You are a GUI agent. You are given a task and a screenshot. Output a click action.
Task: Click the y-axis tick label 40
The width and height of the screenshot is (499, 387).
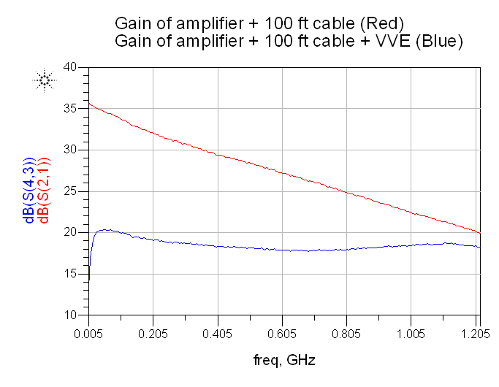coord(70,67)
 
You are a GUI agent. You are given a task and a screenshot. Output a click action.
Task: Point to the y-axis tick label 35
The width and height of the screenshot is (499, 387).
coord(70,109)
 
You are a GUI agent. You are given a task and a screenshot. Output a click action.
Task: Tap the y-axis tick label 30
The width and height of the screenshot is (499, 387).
coord(70,150)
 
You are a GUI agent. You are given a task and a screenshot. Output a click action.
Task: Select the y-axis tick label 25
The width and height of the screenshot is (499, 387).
coord(70,191)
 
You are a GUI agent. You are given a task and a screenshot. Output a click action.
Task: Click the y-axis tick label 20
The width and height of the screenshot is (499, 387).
coord(70,232)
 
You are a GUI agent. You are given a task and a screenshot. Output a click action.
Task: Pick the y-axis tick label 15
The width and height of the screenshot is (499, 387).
coord(70,274)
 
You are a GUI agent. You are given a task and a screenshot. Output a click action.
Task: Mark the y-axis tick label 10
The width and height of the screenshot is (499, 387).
coord(70,315)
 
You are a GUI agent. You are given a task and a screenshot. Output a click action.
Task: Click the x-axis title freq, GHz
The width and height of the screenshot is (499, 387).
coord(283,360)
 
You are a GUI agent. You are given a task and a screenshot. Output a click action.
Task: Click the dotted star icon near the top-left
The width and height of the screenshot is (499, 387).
coord(45,80)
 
